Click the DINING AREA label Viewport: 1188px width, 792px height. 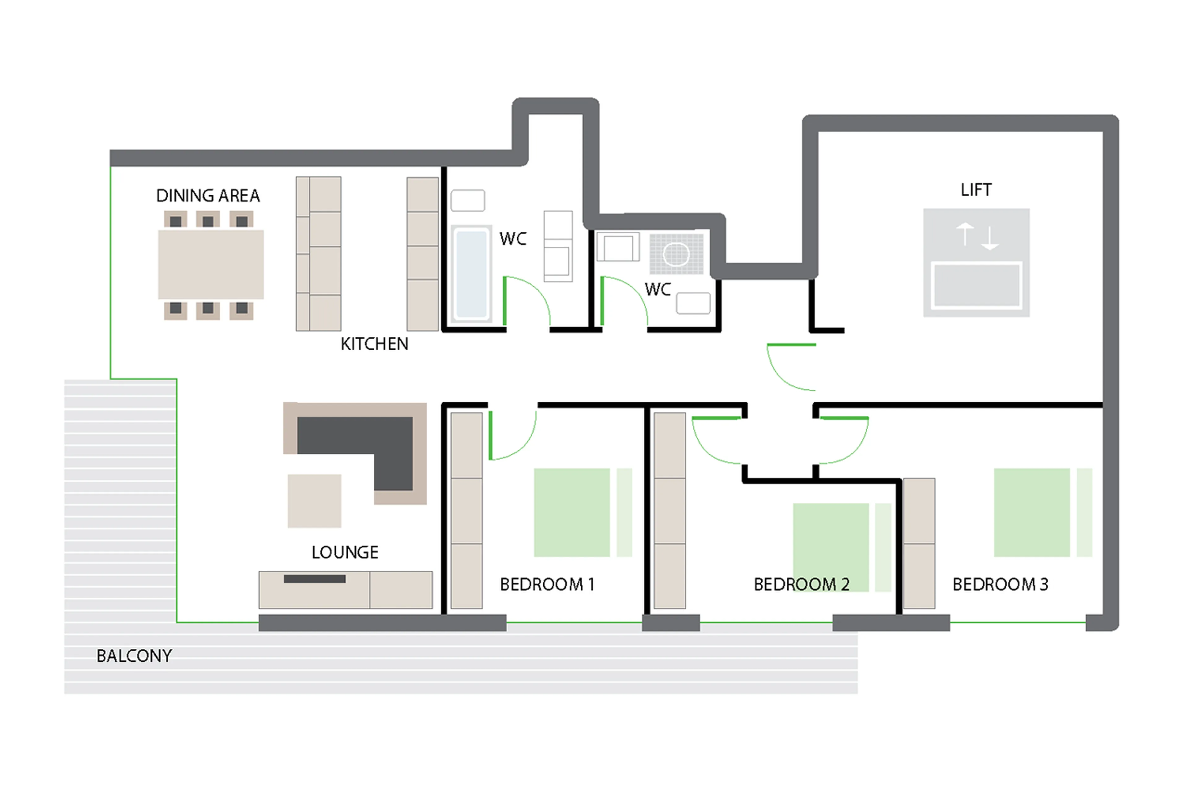(208, 196)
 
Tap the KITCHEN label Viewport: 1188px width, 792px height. (374, 344)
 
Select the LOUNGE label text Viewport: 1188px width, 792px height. (345, 552)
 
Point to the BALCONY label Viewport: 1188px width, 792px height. (134, 656)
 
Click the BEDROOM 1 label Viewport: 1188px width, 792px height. (547, 584)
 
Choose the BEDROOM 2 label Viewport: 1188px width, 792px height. (801, 584)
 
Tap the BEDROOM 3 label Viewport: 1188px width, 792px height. (1000, 584)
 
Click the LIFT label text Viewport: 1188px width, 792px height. (976, 190)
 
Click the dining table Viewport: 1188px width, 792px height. (211, 264)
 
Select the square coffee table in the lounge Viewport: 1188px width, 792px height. (314, 500)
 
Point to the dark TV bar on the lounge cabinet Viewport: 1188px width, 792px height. (315, 579)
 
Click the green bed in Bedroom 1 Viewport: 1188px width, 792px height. (571, 512)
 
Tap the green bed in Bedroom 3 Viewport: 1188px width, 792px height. (1031, 512)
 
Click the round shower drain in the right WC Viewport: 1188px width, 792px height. (676, 254)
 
